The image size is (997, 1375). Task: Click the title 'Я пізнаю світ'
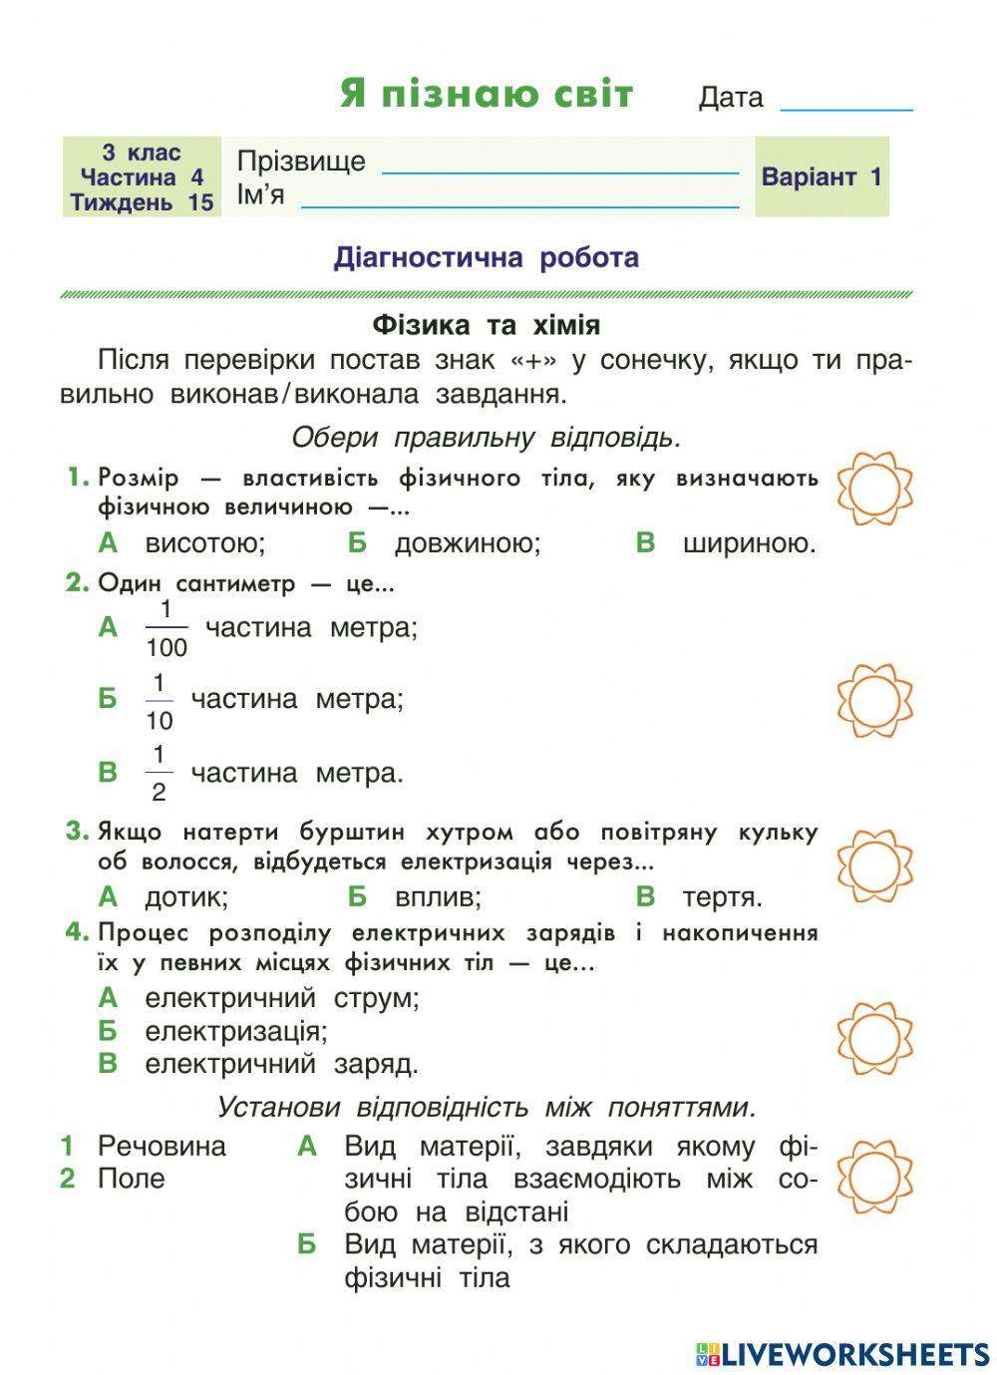pyautogui.click(x=487, y=94)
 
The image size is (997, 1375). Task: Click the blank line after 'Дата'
pyautogui.click(x=846, y=103)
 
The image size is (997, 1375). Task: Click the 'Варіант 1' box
pyautogui.click(x=822, y=177)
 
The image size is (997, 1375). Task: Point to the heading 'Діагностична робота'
pyautogui.click(x=487, y=257)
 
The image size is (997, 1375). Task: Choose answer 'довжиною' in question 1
pyautogui.click(x=467, y=543)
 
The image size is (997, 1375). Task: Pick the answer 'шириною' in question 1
pyautogui.click(x=749, y=543)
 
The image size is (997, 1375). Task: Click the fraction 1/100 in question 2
pyautogui.click(x=166, y=628)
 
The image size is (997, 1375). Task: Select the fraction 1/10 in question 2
pyautogui.click(x=159, y=701)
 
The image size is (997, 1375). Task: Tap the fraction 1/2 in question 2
pyautogui.click(x=159, y=774)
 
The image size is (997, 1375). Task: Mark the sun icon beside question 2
pyautogui.click(x=874, y=701)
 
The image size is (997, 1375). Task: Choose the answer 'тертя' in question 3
pyautogui.click(x=722, y=896)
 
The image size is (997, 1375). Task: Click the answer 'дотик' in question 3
pyautogui.click(x=186, y=896)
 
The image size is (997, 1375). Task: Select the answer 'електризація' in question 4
pyautogui.click(x=235, y=1030)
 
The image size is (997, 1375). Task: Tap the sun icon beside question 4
pyautogui.click(x=874, y=1038)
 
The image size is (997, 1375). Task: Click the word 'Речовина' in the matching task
pyautogui.click(x=162, y=1146)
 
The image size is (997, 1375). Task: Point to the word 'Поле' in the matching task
pyautogui.click(x=131, y=1179)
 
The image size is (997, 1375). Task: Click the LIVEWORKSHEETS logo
pyautogui.click(x=842, y=1353)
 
